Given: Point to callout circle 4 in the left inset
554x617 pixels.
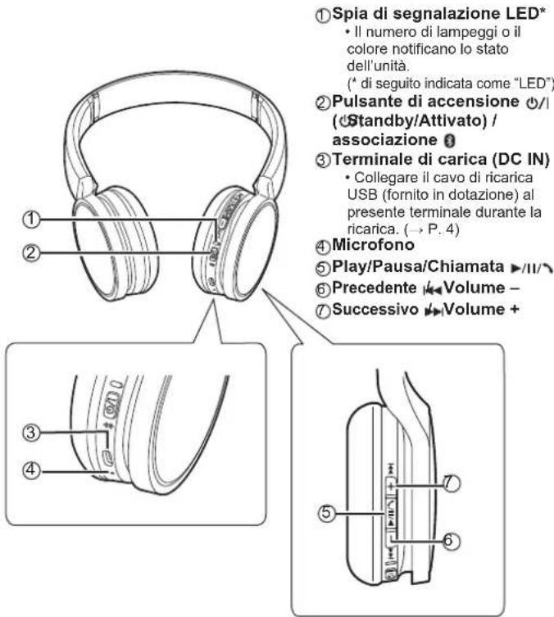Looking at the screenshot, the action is pos(31,470).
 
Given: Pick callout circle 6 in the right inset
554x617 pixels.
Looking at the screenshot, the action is pos(450,540).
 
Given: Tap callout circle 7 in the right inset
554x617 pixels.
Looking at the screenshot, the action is pos(450,485).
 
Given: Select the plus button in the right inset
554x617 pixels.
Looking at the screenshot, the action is pos(392,485).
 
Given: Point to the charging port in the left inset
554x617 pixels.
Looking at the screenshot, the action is pos(109,455).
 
